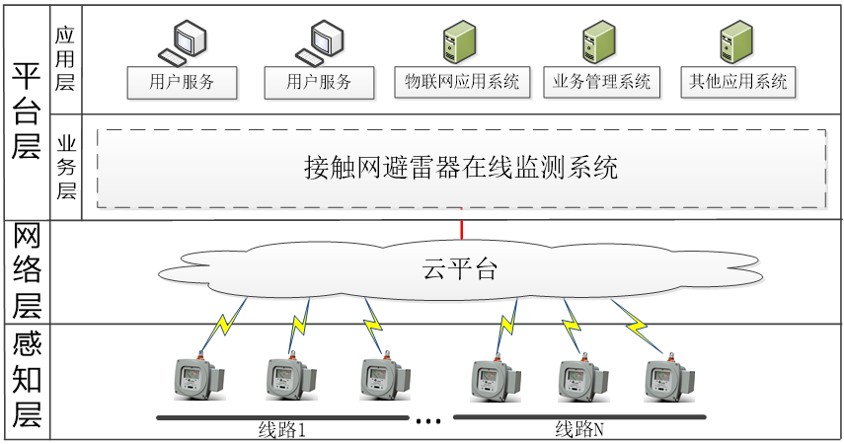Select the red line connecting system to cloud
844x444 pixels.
[x=461, y=224]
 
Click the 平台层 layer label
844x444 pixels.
[x=25, y=111]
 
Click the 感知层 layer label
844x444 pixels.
[x=25, y=381]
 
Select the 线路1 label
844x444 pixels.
[x=280, y=430]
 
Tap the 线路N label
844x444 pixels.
[x=578, y=430]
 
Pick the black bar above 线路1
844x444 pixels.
[x=282, y=418]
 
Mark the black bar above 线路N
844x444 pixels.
[x=579, y=418]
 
